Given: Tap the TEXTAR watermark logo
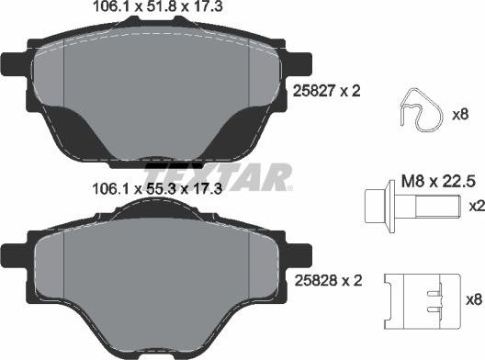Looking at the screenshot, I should tap(219, 176).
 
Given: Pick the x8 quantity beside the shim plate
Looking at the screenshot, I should tap(472, 298).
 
